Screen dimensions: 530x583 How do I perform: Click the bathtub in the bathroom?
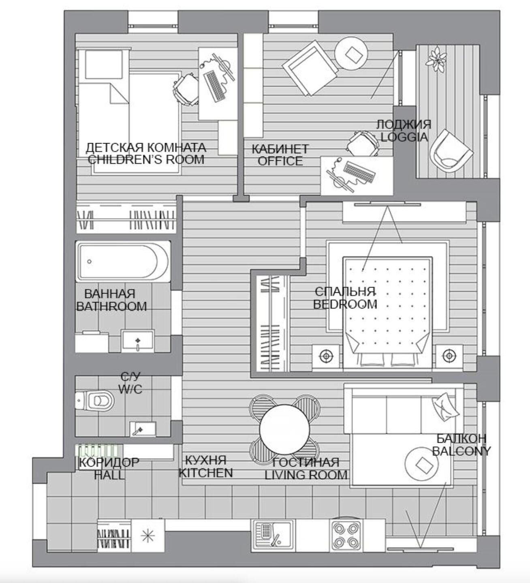point(123,261)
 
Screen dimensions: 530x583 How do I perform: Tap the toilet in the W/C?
point(94,401)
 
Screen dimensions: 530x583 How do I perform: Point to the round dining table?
point(284,430)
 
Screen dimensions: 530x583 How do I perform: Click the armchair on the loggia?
point(450,152)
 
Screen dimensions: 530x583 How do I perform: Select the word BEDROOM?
point(345,304)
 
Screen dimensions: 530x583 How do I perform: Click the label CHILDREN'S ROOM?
point(146,160)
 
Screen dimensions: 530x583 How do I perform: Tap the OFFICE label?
point(280,161)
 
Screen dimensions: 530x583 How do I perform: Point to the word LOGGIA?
point(404,137)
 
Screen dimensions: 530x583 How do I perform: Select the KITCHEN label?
point(205,473)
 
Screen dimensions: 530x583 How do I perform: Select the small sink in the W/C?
point(142,429)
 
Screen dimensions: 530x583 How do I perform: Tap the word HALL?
point(109,475)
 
